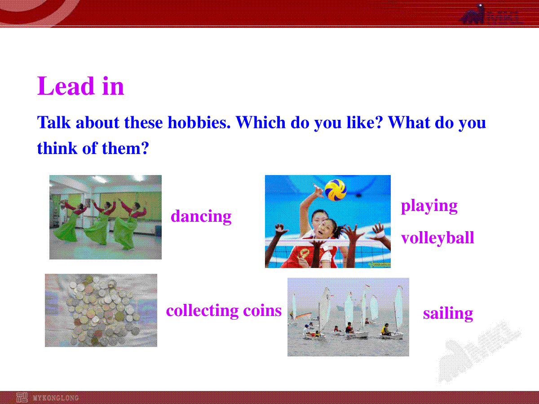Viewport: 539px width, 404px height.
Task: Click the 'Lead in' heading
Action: [x=80, y=86]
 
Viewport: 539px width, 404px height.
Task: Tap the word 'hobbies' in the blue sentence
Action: [x=199, y=122]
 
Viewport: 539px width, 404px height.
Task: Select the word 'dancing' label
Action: [x=201, y=216]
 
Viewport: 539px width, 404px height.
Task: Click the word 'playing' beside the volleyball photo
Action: [x=429, y=206]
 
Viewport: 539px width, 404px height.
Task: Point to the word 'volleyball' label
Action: [x=437, y=237]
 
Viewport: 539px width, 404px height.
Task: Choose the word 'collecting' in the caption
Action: [x=202, y=311]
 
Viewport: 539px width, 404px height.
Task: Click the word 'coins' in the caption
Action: [x=262, y=311]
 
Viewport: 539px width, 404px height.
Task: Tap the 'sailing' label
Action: [x=448, y=314]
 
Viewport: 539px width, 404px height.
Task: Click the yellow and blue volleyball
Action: [x=336, y=189]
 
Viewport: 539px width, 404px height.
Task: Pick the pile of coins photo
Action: [x=101, y=310]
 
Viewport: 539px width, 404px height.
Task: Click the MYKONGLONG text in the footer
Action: [x=56, y=398]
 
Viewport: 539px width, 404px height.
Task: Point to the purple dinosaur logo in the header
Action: [x=473, y=14]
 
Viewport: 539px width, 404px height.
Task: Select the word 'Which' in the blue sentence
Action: [x=261, y=122]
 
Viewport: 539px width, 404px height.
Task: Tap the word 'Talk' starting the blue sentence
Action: [x=54, y=122]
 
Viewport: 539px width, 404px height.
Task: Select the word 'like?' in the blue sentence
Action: [x=365, y=122]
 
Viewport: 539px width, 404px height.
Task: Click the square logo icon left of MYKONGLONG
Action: [x=22, y=398]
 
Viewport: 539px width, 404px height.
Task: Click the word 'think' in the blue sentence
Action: [x=57, y=148]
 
